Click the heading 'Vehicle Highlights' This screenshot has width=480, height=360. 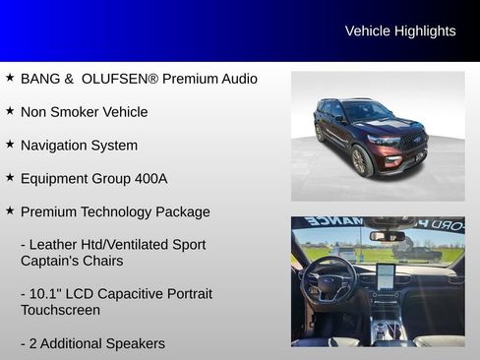(x=400, y=31)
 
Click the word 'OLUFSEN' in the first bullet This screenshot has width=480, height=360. (x=109, y=79)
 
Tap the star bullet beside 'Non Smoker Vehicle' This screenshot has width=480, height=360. (x=10, y=110)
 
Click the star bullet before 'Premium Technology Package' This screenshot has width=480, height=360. (x=10, y=210)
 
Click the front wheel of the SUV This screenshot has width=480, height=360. (x=360, y=161)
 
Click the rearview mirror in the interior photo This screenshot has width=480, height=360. (x=387, y=235)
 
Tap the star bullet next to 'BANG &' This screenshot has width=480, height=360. (x=10, y=77)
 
